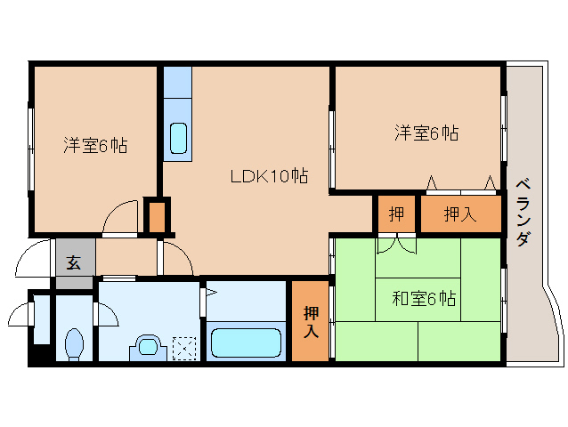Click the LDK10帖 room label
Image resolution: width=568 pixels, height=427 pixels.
pyautogui.click(x=269, y=176)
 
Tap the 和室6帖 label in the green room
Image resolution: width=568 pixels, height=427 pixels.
pyautogui.click(x=424, y=299)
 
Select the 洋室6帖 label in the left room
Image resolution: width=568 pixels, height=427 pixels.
pyautogui.click(x=94, y=145)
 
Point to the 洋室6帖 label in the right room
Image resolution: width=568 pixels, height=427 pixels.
pyautogui.click(x=426, y=133)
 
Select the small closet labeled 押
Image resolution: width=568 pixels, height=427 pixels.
pyautogui.click(x=395, y=213)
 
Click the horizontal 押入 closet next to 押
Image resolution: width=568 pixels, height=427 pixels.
pyautogui.click(x=459, y=213)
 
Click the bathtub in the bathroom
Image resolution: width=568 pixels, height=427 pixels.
pyautogui.click(x=246, y=341)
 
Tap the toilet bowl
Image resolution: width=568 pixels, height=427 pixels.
pyautogui.click(x=76, y=342)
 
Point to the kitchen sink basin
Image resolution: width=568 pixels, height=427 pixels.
pyautogui.click(x=178, y=139)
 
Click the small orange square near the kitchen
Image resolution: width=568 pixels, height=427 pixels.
pyautogui.click(x=157, y=216)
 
